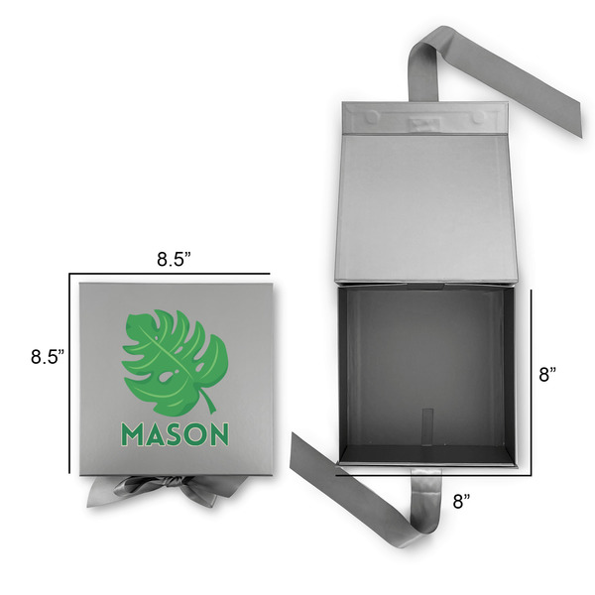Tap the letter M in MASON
click(x=132, y=434)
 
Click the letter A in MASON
click(x=156, y=434)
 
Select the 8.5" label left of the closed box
click(x=47, y=355)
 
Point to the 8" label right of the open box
click(x=546, y=375)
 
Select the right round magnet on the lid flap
click(x=478, y=116)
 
